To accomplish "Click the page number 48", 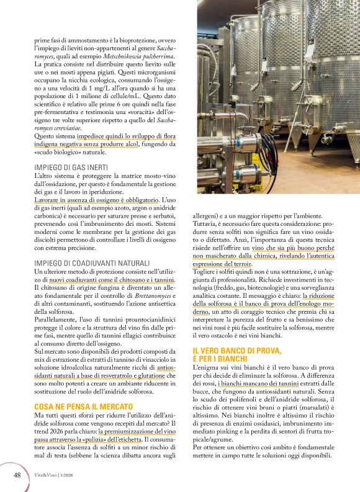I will (x=18, y=475).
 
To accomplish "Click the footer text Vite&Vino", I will (x=48, y=475).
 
